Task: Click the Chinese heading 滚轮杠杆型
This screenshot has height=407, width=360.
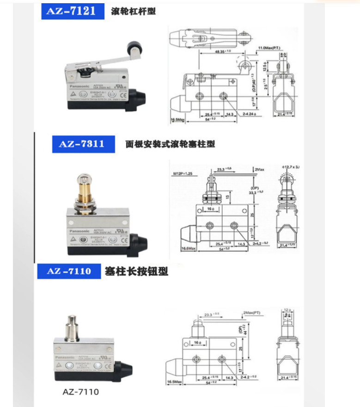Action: point(134,11)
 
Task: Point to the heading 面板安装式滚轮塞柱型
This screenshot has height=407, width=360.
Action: point(170,144)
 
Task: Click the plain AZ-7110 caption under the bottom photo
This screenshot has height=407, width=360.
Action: point(80,392)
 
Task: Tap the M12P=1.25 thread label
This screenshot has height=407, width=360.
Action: point(183,174)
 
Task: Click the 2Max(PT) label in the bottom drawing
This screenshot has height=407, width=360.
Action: point(251,313)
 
